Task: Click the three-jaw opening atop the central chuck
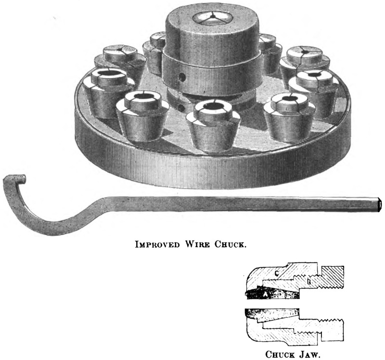pos(208,19)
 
